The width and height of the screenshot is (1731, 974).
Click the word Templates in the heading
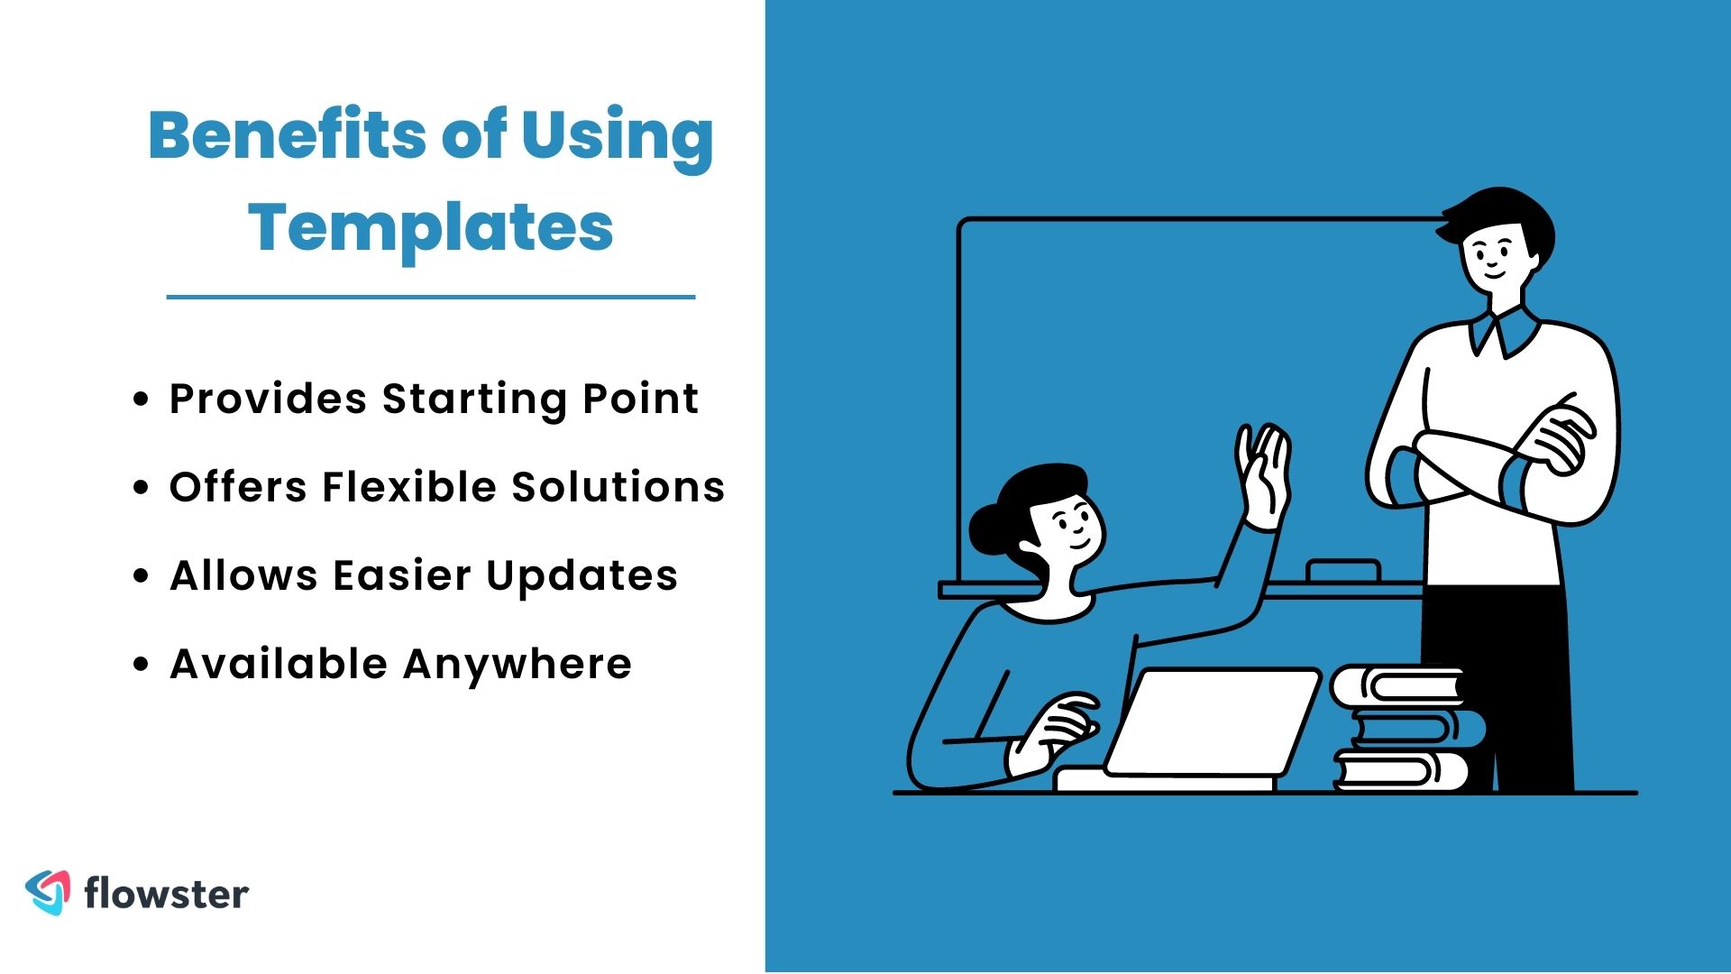(431, 227)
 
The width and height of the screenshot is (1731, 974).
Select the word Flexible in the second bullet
(409, 487)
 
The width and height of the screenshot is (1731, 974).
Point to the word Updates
(582, 575)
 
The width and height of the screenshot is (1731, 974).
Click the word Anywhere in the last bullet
(517, 664)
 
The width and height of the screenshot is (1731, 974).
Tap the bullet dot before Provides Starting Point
(140, 399)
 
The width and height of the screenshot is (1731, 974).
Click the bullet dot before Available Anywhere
(140, 665)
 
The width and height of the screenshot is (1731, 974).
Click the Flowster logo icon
(48, 892)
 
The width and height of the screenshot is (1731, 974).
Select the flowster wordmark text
(166, 894)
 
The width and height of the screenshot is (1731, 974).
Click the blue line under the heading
(431, 296)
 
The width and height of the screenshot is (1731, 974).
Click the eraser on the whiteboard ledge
(1342, 571)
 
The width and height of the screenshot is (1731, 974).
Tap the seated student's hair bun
(990, 529)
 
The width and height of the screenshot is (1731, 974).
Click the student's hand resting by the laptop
(1059, 726)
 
